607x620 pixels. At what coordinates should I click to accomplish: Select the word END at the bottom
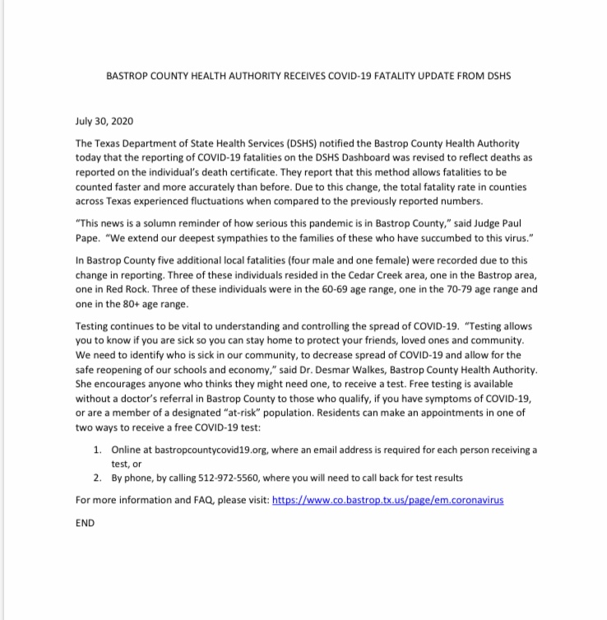(86, 522)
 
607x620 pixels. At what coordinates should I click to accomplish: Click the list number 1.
(96, 450)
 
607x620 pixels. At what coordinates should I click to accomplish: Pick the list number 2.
(96, 478)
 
